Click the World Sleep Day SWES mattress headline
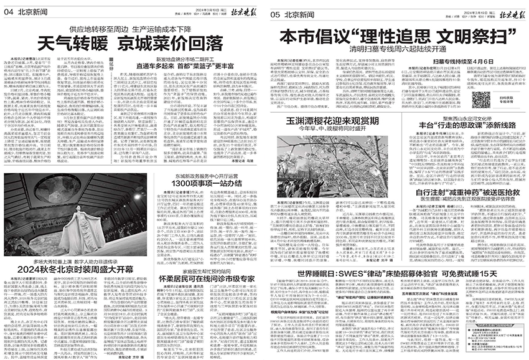398,275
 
